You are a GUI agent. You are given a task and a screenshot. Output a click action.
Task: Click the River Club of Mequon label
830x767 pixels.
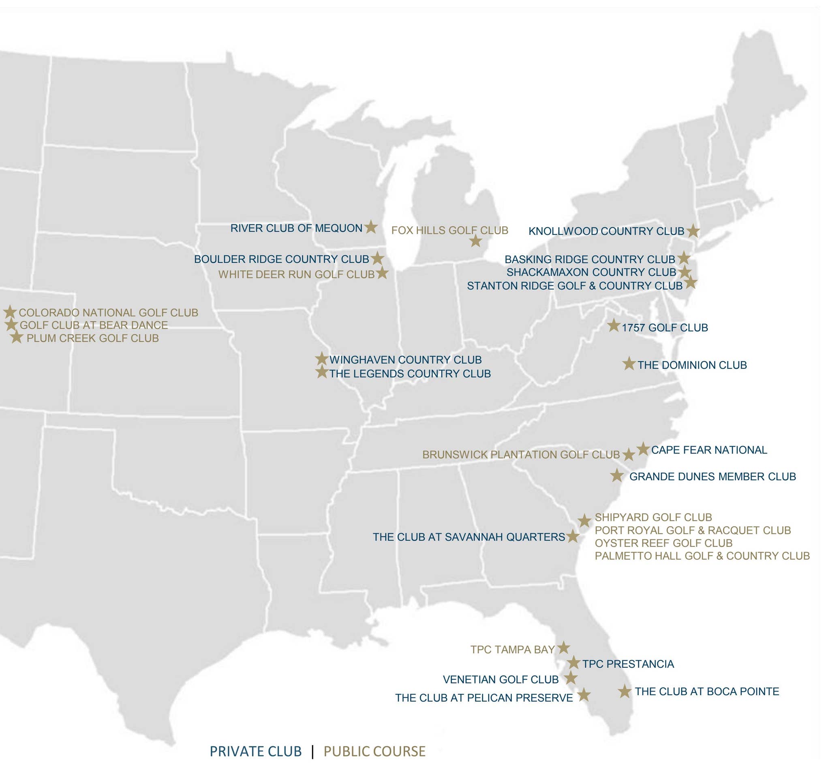pos(296,228)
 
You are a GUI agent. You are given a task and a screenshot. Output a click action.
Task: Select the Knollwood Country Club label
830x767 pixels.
pos(606,231)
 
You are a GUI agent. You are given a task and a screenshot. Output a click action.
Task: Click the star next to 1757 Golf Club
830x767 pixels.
pos(614,325)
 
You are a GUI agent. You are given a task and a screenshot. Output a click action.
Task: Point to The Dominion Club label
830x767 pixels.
pos(692,365)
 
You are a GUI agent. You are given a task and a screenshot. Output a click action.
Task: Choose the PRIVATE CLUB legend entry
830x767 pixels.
pos(255,752)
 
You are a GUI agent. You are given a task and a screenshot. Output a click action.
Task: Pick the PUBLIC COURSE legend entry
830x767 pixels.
pos(374,752)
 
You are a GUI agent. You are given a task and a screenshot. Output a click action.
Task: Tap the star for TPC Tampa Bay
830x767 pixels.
pos(563,647)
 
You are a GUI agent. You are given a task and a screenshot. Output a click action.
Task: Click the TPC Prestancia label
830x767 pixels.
pos(628,664)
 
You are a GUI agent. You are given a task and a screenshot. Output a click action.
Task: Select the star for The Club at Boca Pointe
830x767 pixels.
pos(624,692)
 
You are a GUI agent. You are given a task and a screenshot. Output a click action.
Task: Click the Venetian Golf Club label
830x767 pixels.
pos(501,679)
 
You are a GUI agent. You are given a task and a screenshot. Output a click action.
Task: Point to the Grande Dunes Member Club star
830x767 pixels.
pos(617,476)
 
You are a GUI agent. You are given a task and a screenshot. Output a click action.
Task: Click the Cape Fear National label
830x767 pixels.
pos(709,450)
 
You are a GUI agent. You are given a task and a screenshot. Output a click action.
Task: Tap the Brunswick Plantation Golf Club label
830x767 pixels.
pos(521,455)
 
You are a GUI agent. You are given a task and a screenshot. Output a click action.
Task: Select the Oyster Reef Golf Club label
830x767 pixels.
pos(663,543)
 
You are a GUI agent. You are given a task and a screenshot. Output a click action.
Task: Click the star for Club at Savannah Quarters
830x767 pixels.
pos(572,536)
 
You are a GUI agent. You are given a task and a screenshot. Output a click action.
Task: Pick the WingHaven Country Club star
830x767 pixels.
pos(321,359)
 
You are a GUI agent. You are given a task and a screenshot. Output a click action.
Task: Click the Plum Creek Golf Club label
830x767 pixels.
pos(92,339)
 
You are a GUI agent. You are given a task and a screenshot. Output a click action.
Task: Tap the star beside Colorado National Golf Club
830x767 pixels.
pos(10,312)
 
